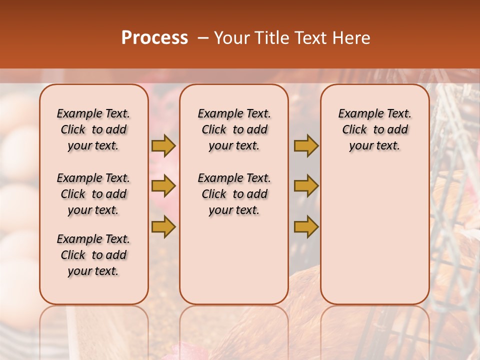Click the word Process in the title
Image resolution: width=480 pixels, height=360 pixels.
click(x=154, y=37)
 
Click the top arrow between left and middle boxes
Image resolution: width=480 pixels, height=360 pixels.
click(x=163, y=145)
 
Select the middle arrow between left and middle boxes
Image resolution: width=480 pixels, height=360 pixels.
click(x=163, y=186)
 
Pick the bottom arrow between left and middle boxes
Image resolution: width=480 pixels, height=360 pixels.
click(x=163, y=226)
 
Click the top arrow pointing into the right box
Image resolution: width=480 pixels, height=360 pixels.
click(x=306, y=145)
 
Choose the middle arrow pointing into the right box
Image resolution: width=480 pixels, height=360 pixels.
click(x=306, y=186)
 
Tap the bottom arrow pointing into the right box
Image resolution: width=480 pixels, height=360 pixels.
click(x=306, y=226)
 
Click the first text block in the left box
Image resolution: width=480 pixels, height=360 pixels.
click(x=93, y=129)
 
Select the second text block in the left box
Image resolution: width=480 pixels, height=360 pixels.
click(x=93, y=194)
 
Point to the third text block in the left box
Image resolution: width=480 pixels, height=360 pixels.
click(x=93, y=255)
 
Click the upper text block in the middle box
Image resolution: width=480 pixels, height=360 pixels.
click(x=234, y=129)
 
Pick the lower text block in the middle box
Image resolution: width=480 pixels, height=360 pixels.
click(x=234, y=194)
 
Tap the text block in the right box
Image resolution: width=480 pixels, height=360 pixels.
click(x=375, y=129)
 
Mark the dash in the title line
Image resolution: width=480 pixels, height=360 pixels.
click(x=202, y=37)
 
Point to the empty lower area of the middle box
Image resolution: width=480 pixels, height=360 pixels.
click(x=234, y=260)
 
